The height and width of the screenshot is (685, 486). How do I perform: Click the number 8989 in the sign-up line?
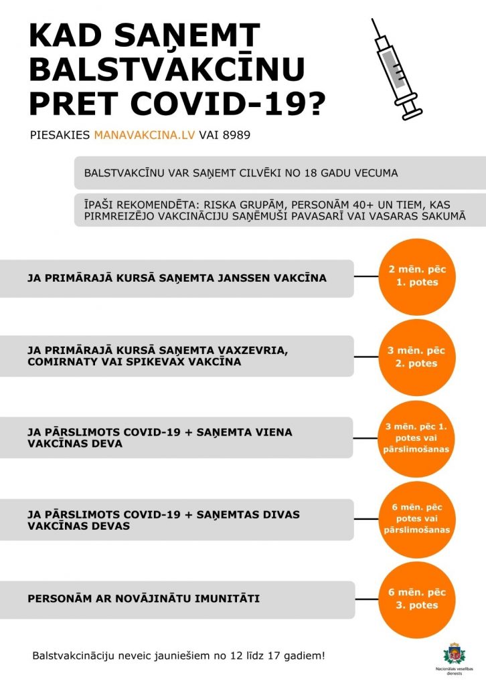pos(237,134)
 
